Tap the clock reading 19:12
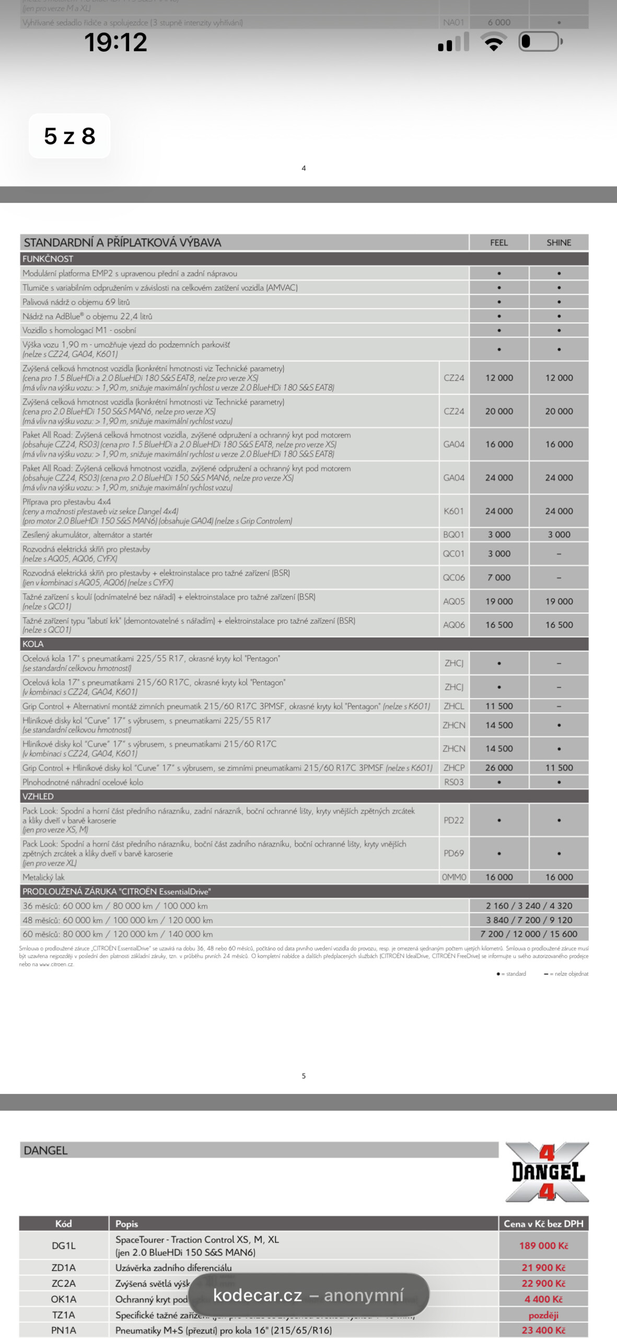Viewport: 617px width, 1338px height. (x=115, y=42)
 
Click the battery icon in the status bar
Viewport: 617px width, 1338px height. (x=540, y=42)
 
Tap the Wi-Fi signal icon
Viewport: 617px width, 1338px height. (x=494, y=41)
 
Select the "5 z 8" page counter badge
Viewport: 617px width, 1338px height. (x=69, y=136)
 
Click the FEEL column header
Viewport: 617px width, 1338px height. (x=499, y=243)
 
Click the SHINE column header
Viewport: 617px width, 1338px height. (x=558, y=243)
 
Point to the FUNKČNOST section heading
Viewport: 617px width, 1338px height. (x=48, y=259)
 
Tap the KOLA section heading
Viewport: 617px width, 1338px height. (x=33, y=644)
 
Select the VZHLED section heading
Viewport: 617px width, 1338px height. (x=38, y=796)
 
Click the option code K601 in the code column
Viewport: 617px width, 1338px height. (x=453, y=511)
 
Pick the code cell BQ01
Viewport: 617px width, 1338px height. (x=453, y=535)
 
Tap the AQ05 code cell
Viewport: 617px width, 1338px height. (x=453, y=601)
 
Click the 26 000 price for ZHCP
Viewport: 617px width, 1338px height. (x=499, y=768)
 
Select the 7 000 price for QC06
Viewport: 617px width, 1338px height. (x=499, y=578)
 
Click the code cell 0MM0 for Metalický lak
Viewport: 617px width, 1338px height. (x=454, y=877)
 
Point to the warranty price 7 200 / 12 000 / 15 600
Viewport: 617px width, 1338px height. (x=529, y=934)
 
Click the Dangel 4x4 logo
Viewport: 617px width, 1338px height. (x=547, y=1172)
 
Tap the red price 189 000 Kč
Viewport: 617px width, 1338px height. (x=543, y=1245)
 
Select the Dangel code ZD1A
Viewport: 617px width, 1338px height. (x=63, y=1267)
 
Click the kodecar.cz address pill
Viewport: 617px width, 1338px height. (x=308, y=1295)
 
